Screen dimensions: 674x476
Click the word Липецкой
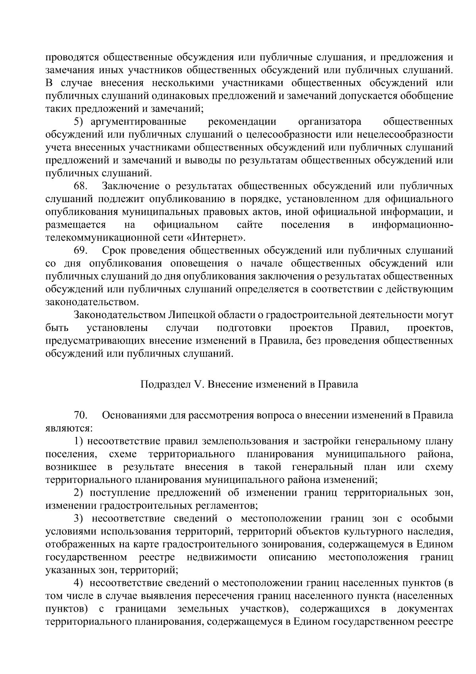[x=190, y=315]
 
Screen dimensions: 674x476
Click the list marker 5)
[x=80, y=121]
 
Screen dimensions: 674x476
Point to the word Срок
[x=114, y=251]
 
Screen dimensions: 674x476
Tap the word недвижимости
[x=222, y=557]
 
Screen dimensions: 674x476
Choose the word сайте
[x=250, y=225]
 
